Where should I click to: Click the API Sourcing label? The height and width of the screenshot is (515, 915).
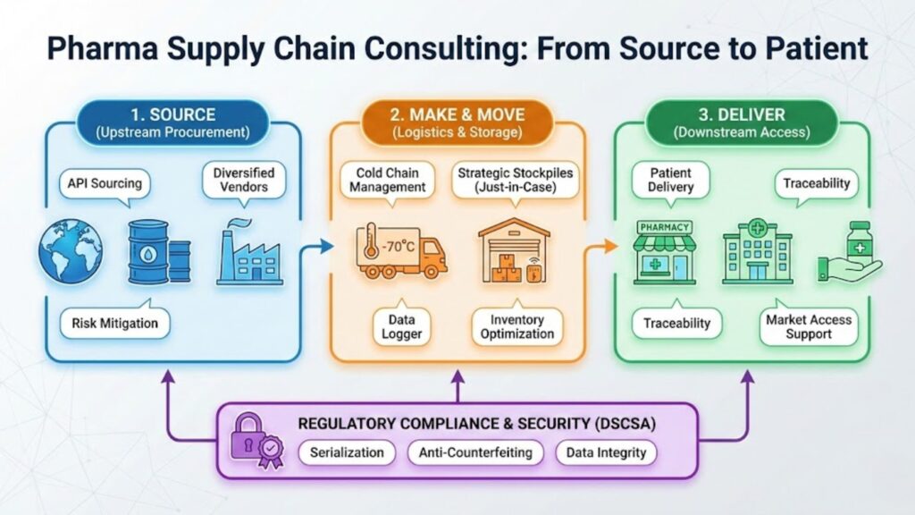(105, 183)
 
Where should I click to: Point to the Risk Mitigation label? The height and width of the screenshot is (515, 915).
(115, 324)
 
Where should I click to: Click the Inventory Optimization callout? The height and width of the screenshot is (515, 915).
(516, 326)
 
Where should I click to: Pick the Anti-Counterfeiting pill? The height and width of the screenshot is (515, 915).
(475, 452)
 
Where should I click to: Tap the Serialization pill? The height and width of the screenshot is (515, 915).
(347, 452)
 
